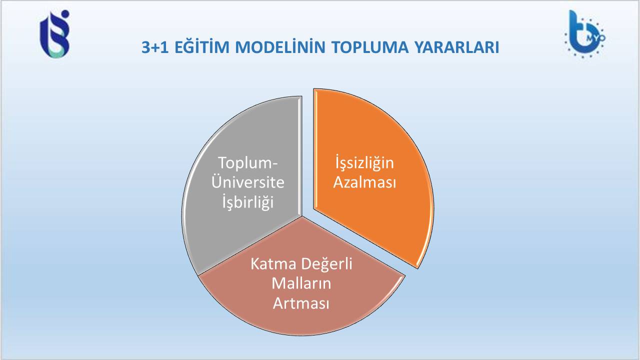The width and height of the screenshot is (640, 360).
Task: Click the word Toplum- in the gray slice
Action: coord(247,163)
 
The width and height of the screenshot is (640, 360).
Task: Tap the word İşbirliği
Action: coord(247,201)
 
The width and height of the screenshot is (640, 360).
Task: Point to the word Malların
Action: coord(301,283)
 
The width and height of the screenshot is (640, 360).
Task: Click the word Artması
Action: coord(301,303)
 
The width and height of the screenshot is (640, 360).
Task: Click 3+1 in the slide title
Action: coord(155,47)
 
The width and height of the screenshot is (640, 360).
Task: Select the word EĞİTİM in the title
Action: coord(202,46)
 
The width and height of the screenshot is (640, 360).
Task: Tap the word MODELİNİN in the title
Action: coord(280,47)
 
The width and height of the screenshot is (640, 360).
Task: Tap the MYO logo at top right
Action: coord(584,34)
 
